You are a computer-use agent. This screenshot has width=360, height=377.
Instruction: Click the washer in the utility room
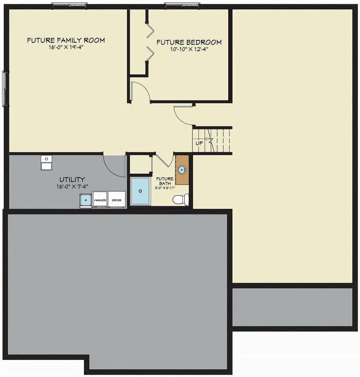tap(100, 199)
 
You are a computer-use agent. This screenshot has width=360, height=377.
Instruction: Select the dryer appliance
tap(117, 199)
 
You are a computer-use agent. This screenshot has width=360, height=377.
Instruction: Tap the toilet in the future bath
tap(181, 199)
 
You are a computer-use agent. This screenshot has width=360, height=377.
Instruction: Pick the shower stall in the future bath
tap(140, 191)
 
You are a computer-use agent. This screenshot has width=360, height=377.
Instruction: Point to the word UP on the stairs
tap(199, 143)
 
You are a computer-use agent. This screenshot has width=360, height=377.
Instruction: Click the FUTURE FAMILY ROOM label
tap(66, 40)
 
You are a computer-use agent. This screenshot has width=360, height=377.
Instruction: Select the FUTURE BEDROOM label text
tap(189, 42)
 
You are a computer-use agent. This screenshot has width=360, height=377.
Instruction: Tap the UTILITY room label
tap(72, 180)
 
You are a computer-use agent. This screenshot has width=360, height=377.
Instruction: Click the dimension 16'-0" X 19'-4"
tap(66, 48)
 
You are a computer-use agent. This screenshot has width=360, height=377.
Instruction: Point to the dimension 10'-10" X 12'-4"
tap(189, 50)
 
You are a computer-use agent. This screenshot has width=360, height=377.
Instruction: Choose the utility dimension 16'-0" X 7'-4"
tap(72, 186)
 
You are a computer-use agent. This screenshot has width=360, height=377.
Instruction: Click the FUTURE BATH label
tap(164, 181)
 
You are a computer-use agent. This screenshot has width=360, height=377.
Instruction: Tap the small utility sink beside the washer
tap(85, 199)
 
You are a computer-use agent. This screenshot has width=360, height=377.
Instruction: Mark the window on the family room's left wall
tap(5, 88)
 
